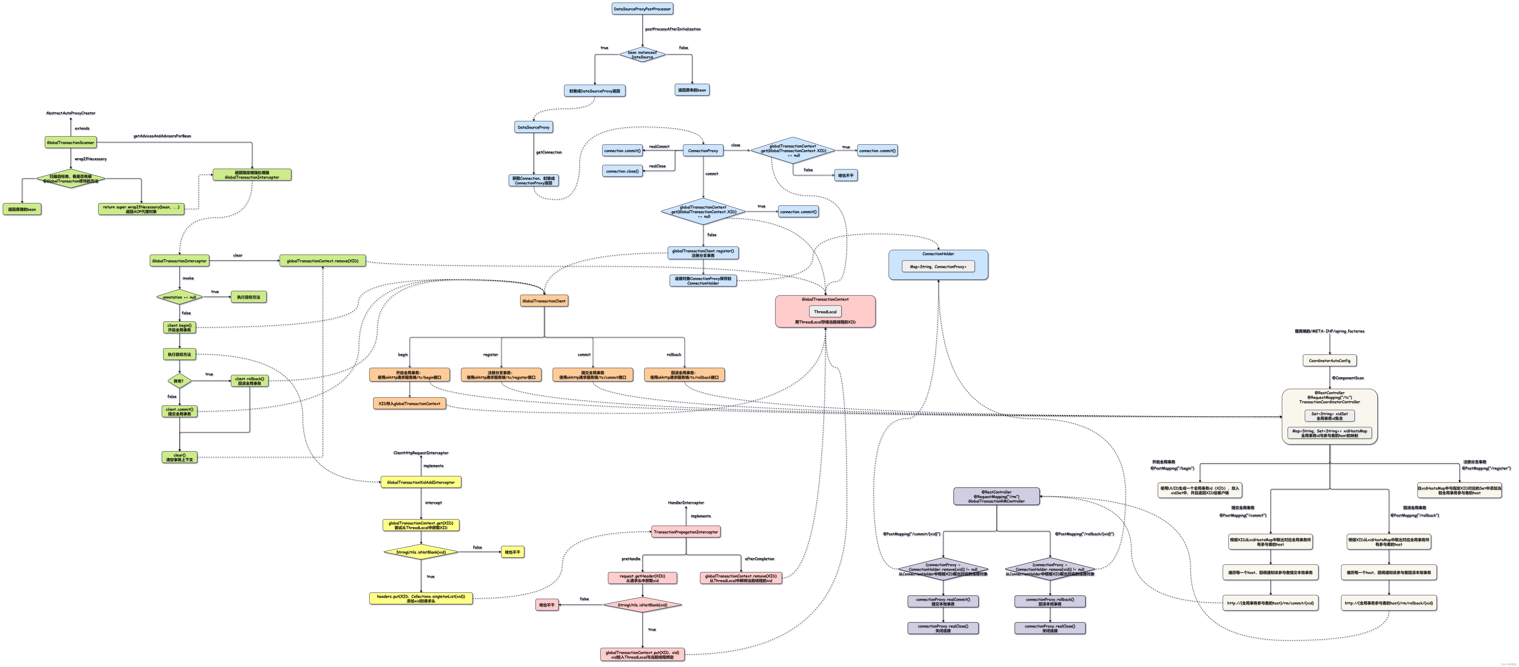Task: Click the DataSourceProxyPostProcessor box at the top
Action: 642,9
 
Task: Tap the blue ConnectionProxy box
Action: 703,150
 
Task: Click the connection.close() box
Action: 622,171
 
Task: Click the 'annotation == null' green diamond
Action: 179,297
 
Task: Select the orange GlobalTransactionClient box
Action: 544,301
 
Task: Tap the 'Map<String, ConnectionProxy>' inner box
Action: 938,267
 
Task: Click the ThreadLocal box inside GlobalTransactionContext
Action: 825,311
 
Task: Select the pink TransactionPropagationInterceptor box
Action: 686,532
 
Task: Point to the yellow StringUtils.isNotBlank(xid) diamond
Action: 421,552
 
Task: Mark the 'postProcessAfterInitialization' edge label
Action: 673,29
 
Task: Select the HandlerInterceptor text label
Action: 686,503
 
